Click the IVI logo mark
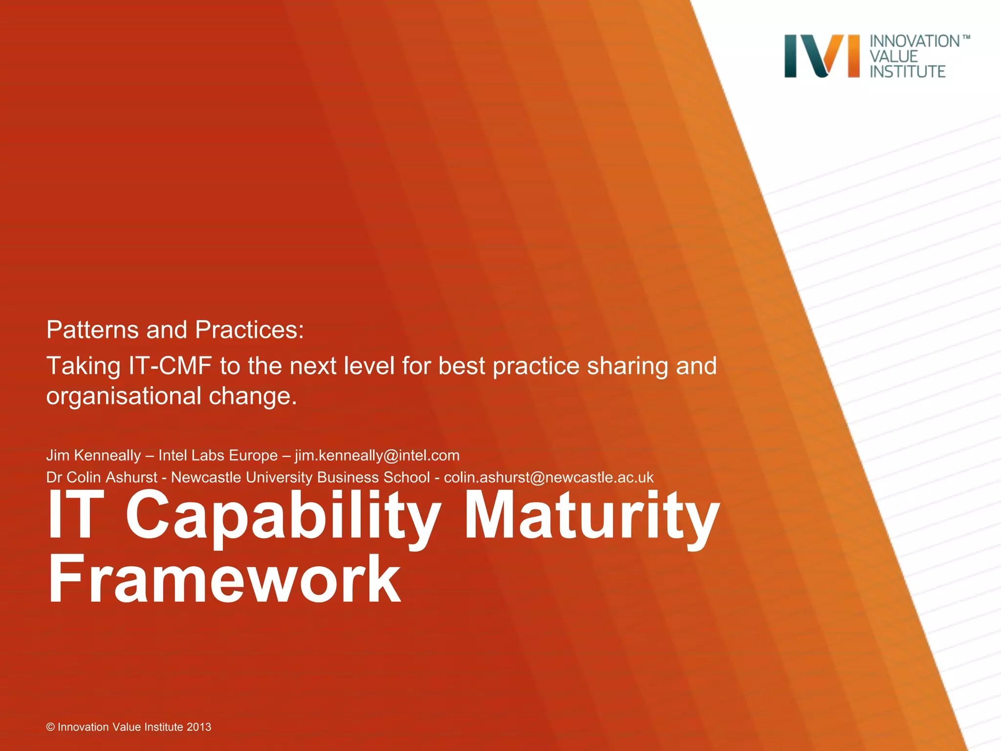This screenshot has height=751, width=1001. [x=821, y=56]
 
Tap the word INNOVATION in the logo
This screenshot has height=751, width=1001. [x=914, y=42]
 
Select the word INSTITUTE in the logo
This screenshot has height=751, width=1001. [x=907, y=71]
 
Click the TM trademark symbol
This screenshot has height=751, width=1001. [x=966, y=37]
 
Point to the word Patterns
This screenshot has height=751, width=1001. [x=92, y=330]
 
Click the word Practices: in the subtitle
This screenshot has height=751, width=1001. [x=249, y=330]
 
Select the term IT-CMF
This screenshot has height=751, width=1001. [x=170, y=366]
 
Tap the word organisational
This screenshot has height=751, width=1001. [x=124, y=396]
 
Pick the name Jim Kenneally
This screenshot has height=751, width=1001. [x=93, y=455]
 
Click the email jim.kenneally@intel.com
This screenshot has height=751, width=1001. [x=377, y=455]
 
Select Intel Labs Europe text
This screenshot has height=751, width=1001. [x=218, y=455]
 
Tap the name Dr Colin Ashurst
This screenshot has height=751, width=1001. [x=102, y=477]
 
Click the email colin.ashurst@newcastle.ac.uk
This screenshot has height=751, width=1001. [x=548, y=477]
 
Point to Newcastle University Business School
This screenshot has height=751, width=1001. [x=300, y=477]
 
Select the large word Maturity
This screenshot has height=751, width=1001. [x=591, y=516]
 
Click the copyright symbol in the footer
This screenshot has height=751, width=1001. [x=50, y=727]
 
